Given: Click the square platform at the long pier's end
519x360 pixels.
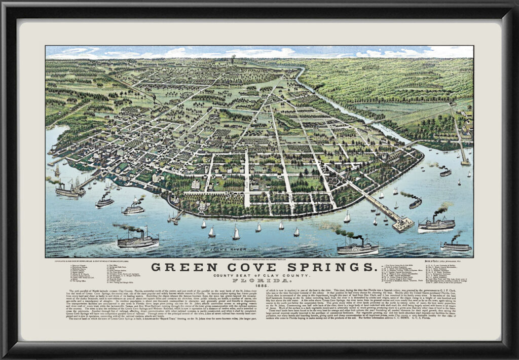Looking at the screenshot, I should [403, 224].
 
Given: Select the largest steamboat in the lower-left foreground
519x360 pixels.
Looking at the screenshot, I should [138, 240].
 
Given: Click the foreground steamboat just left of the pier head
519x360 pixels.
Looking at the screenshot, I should [357, 248].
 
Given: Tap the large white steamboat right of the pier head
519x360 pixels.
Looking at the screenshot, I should [436, 224].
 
